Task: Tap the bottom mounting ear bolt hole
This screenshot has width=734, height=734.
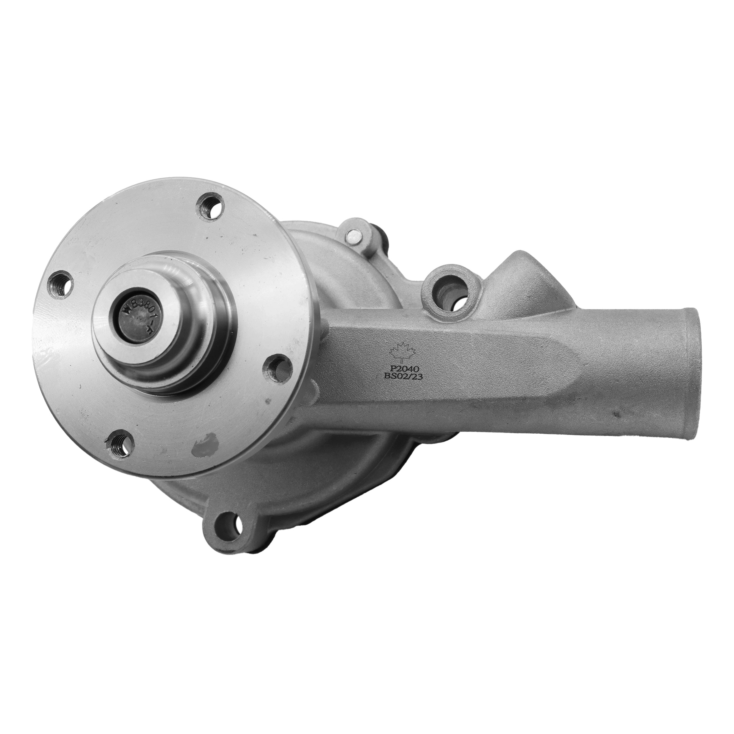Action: pos(228,525)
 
